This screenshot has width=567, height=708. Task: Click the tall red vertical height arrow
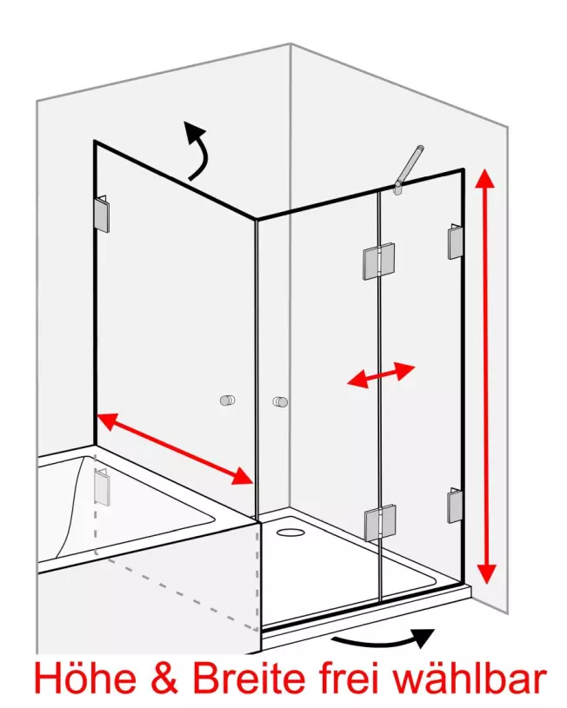[x=485, y=376]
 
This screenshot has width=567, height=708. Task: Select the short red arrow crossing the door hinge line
[x=381, y=374]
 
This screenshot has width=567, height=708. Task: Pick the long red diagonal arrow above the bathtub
[x=175, y=449]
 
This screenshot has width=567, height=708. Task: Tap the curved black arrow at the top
[x=198, y=149]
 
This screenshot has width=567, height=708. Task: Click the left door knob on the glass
[x=228, y=400]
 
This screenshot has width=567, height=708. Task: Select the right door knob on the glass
[x=280, y=401]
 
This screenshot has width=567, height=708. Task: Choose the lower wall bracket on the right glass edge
[x=455, y=506]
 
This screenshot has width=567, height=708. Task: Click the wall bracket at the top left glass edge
[x=103, y=214]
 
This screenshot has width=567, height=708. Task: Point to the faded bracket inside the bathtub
[x=103, y=486]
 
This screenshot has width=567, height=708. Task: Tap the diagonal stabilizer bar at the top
[x=409, y=169]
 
